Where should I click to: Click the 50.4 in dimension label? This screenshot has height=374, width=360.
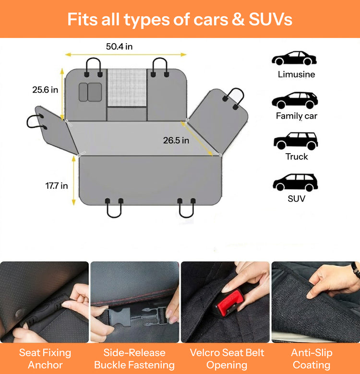119,46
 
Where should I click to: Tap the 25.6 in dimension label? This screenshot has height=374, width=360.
45,90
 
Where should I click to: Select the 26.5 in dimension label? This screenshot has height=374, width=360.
176,140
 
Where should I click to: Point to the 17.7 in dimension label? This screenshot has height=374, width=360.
57,186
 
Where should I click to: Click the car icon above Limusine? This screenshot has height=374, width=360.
294,58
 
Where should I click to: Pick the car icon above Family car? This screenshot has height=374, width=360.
295,100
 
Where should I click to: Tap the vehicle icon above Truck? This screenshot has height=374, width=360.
296,141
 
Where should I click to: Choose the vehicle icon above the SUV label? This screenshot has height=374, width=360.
295,182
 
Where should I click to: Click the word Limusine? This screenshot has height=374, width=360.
296,74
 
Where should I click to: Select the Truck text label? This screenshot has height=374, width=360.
297,157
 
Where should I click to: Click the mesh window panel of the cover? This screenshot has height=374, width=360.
127,88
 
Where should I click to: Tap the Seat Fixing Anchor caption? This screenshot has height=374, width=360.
45,359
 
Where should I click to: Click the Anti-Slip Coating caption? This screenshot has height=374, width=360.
312,359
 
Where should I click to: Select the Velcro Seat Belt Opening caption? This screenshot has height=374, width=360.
227,359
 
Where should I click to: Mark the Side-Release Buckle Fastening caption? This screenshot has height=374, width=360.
134,359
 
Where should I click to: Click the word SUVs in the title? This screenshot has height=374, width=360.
270,19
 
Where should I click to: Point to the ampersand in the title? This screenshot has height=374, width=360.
238,19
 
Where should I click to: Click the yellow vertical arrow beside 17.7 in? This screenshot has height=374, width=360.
73,181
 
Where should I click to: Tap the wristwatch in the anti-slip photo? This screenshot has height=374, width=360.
356,270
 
